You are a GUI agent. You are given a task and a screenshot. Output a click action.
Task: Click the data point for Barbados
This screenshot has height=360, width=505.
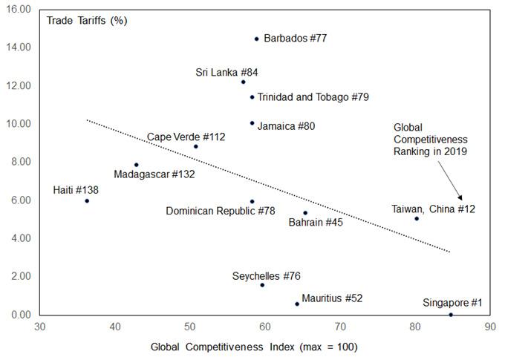pos(257,39)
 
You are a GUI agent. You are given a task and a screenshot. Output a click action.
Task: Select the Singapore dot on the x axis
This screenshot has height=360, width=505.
pos(451,315)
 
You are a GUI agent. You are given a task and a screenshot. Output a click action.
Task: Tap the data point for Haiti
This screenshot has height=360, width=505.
pos(87,201)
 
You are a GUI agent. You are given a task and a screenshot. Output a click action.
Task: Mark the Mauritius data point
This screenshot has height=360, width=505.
pos(297,304)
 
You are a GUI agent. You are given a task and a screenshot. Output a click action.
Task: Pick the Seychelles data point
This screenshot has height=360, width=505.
pos(262,285)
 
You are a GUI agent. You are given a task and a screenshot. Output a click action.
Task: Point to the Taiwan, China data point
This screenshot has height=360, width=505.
pos(417,219)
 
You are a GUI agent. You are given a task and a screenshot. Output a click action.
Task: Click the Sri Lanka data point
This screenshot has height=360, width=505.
pos(243,82)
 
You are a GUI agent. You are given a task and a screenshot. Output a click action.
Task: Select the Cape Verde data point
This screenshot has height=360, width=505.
pos(196,146)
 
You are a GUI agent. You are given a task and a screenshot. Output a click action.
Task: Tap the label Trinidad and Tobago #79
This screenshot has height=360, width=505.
pos(313,97)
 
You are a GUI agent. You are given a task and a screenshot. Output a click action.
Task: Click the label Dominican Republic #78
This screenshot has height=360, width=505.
pos(221,211)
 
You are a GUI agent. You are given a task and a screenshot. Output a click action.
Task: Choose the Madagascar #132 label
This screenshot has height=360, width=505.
pos(154,174)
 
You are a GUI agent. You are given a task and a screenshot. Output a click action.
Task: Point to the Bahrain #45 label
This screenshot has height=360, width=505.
pos(316,222)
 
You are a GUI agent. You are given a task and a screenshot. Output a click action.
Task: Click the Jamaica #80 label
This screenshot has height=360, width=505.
pos(287,126)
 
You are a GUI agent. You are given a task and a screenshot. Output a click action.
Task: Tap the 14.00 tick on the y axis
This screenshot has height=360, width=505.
pos(19,47)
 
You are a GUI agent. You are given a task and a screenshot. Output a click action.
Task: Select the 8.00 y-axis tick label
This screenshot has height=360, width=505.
pos(21,161)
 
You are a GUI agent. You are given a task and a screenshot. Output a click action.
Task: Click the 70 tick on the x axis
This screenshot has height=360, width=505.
pos(340,327)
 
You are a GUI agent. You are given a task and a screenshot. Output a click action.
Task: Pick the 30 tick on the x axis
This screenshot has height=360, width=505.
pos(39,327)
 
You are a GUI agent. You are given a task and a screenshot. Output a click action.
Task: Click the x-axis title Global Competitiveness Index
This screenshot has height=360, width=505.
pos(223,347)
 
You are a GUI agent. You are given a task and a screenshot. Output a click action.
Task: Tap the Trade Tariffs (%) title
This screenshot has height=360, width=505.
pos(87,21)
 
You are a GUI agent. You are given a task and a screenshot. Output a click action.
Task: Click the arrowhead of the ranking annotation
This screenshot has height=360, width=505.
pos(460,197)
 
